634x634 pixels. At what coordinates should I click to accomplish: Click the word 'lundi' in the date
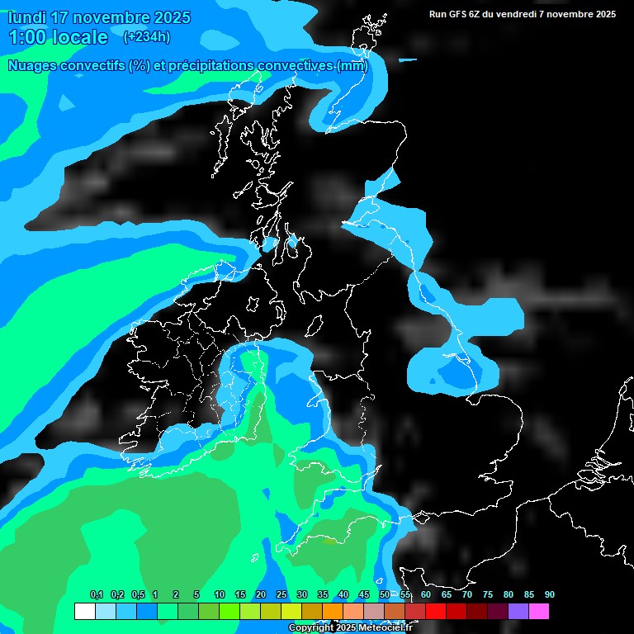(27, 17)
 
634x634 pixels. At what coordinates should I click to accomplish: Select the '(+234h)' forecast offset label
(146, 36)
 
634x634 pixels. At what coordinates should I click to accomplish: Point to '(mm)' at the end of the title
(352, 66)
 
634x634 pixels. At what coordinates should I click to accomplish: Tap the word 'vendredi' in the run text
(516, 14)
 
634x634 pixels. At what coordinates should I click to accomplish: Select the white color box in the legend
(84, 611)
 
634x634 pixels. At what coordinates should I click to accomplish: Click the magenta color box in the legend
(538, 611)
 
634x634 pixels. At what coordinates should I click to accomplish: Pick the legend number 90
(549, 594)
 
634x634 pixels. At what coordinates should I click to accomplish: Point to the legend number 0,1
(96, 594)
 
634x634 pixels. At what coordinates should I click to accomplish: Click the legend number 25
(281, 594)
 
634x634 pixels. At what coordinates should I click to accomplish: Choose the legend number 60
(425, 594)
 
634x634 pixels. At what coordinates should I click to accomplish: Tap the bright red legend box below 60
(435, 611)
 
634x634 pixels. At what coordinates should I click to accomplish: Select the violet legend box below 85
(518, 611)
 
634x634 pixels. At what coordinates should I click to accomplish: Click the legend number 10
(219, 594)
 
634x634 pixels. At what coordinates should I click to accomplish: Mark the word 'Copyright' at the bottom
(310, 628)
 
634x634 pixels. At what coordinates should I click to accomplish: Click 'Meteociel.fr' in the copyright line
(386, 628)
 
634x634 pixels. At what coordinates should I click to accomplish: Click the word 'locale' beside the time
(80, 37)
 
